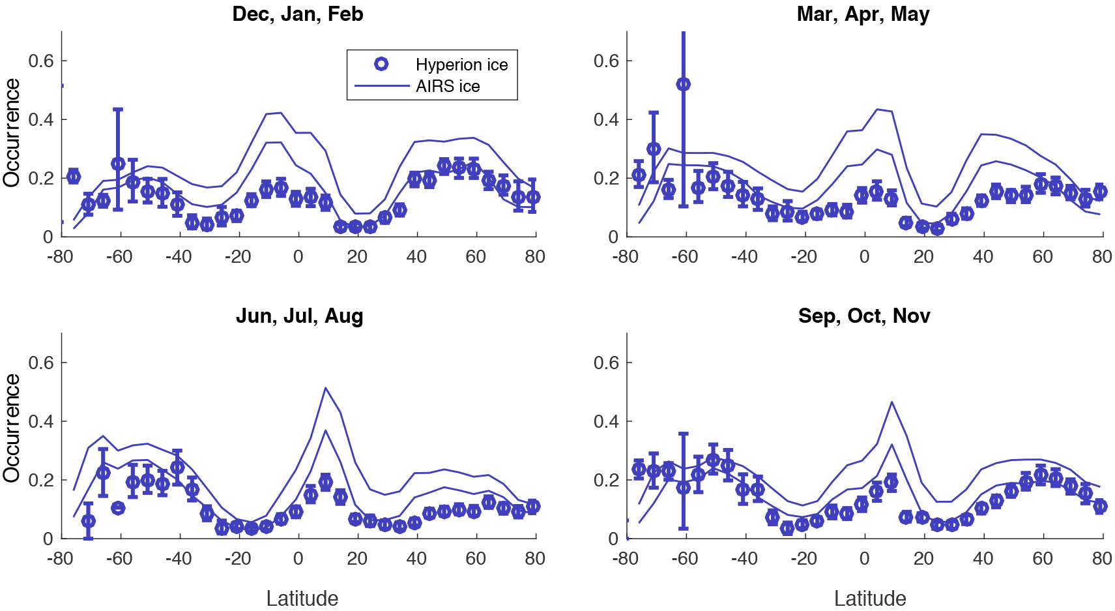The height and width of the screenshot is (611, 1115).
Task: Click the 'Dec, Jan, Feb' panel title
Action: coord(298,14)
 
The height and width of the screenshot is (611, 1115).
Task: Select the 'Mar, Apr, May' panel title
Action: coord(863,14)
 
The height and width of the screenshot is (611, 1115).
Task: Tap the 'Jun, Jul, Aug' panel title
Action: coord(299,316)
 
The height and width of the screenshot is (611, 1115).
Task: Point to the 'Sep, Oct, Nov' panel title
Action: coord(864,316)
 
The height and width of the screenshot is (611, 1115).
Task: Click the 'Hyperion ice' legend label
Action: coord(461,65)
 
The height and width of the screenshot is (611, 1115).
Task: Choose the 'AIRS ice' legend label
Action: coord(448,86)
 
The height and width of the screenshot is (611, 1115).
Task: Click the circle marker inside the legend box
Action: coord(381,64)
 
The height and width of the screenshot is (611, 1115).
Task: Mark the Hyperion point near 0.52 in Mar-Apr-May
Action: coord(683,84)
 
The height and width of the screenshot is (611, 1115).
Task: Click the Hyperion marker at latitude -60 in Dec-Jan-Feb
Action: coord(118,164)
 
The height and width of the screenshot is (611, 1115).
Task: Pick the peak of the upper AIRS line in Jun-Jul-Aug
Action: coord(325,388)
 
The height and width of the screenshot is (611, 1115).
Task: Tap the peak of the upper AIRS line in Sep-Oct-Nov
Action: coord(891,402)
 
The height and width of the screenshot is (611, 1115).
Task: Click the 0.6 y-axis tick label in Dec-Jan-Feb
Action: coord(40,61)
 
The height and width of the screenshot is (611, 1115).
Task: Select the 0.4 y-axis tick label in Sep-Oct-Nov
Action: coord(606,422)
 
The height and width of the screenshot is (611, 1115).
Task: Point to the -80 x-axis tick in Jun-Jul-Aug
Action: coord(60,559)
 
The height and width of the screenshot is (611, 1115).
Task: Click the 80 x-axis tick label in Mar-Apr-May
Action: coord(1102,257)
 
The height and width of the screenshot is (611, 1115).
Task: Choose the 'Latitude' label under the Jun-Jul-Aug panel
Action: coord(302,599)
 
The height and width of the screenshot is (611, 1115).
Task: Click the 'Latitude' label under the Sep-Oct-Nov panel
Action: coord(870,599)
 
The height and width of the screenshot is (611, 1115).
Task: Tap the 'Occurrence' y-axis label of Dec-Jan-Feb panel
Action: coord(12,133)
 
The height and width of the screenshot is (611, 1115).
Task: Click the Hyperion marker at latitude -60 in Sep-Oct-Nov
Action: coord(683,487)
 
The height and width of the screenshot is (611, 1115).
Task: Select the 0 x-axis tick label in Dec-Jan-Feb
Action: coord(298,257)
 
